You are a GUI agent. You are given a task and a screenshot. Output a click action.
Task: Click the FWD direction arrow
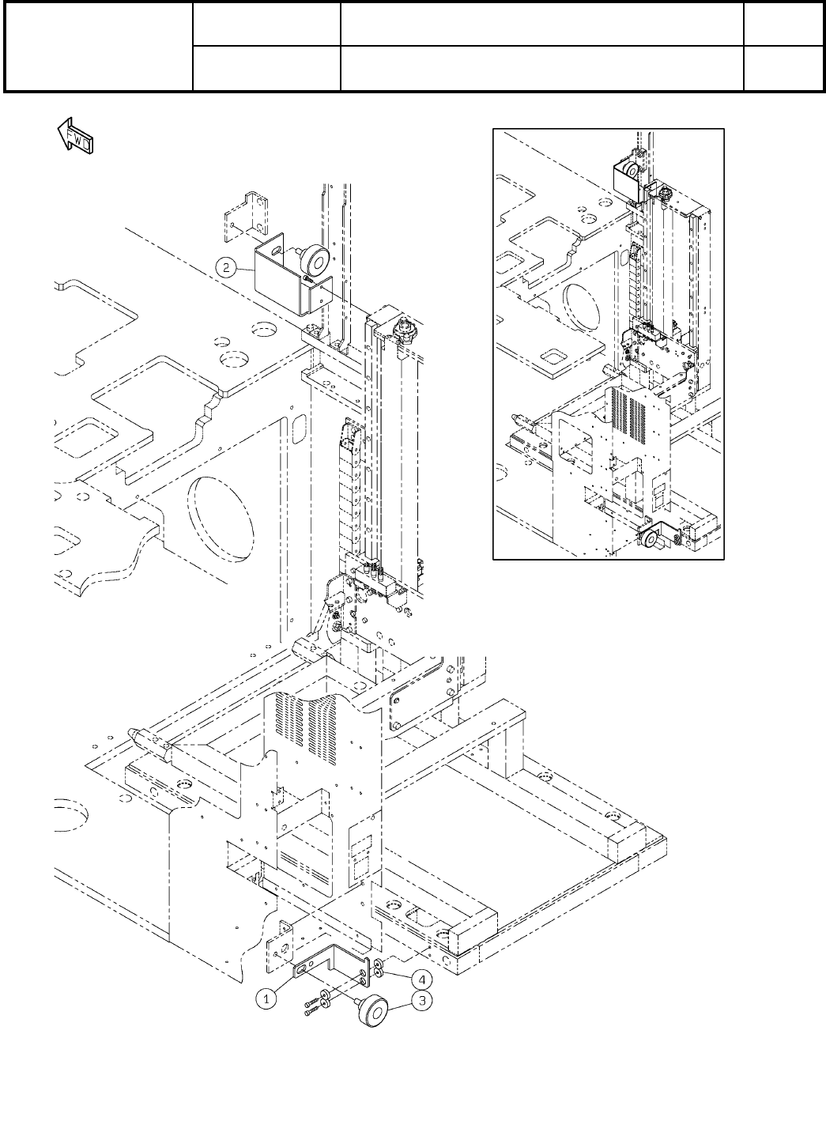[x=75, y=137]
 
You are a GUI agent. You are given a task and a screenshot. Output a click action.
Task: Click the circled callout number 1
[x=268, y=998]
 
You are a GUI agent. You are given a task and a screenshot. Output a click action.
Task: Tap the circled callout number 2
[x=226, y=268]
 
